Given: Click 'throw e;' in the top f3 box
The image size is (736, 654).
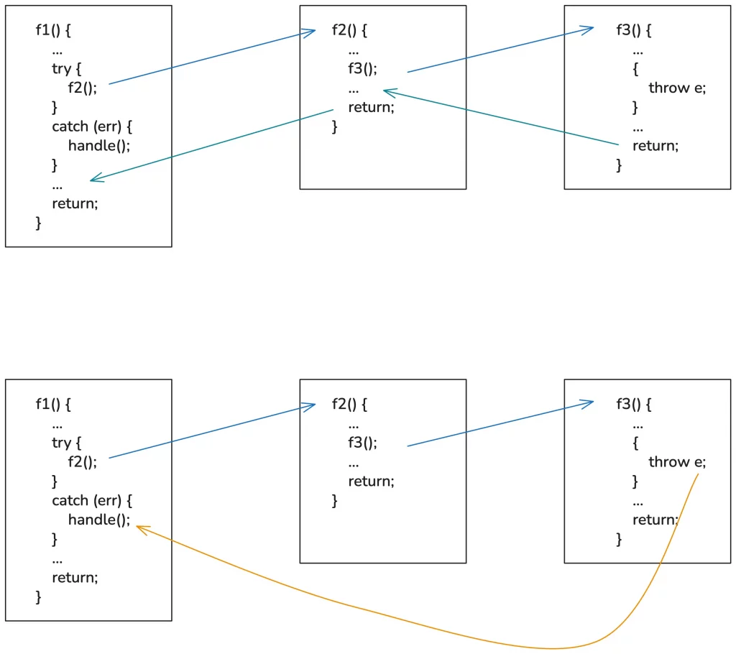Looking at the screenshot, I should click(x=677, y=88).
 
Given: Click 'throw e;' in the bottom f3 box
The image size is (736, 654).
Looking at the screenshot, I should click(x=677, y=461).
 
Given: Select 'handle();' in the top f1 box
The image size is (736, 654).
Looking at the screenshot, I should click(x=99, y=145).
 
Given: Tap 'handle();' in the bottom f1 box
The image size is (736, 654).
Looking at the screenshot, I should click(x=99, y=519).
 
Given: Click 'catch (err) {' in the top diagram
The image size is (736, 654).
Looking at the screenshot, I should click(x=92, y=126).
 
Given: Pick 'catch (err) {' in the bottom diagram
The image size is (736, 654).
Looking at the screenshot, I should click(x=92, y=499).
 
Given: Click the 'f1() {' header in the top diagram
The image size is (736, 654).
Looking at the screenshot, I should click(x=54, y=30).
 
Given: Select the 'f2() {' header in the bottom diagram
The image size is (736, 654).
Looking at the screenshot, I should click(x=349, y=404).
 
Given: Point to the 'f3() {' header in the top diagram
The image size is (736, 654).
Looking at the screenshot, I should click(x=634, y=30).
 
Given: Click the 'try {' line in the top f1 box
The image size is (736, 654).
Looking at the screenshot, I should click(x=67, y=69).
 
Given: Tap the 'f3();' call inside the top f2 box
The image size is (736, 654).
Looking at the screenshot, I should click(x=362, y=69).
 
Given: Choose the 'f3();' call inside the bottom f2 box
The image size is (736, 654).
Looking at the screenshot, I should click(x=362, y=443).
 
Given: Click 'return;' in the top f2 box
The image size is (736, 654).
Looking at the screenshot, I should click(x=371, y=107).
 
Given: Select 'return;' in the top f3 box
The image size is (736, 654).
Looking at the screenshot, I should click(x=655, y=145).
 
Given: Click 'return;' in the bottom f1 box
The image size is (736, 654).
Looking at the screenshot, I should click(x=75, y=576).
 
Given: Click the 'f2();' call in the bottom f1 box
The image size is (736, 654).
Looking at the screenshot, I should click(x=83, y=461).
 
